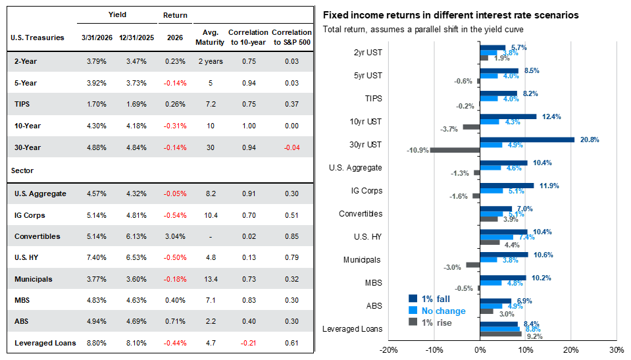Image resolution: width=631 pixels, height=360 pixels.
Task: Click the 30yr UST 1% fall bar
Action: pyautogui.click(x=527, y=140)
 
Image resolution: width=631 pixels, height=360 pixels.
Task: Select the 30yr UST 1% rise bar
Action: pyautogui.click(x=455, y=150)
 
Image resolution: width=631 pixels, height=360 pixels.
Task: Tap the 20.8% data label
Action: pyautogui.click(x=590, y=140)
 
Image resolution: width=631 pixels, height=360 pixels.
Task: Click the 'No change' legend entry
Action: pyautogui.click(x=443, y=311)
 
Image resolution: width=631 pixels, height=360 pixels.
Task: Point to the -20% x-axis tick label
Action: pyautogui.click(x=389, y=349)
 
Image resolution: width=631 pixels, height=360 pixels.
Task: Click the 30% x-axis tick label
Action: pyautogui.click(x=617, y=349)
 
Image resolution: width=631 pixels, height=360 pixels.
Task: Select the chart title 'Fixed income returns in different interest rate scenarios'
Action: pyautogui.click(x=451, y=15)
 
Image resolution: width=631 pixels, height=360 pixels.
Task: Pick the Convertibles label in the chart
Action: pyautogui.click(x=361, y=214)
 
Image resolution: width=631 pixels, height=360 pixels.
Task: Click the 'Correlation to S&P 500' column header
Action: pyautogui.click(x=291, y=38)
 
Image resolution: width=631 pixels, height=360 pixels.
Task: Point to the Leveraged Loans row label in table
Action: pyautogui.click(x=45, y=343)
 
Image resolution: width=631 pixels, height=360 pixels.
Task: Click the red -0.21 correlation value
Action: pyautogui.click(x=249, y=343)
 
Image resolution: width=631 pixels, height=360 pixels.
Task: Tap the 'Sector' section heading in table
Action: pyautogui.click(x=22, y=170)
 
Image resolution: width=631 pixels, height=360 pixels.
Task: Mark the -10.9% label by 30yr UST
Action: pyautogui.click(x=416, y=150)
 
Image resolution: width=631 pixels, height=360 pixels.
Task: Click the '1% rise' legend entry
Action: pyautogui.click(x=437, y=322)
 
